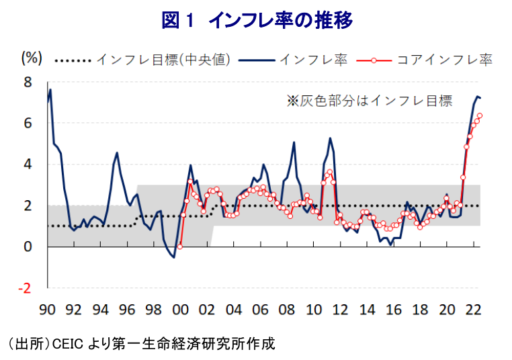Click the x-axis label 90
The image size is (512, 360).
point(47,310)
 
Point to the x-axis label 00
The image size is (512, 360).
point(180,310)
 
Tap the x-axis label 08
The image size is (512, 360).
point(287,310)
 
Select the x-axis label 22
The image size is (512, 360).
point(473,310)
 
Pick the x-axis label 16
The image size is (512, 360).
point(393,310)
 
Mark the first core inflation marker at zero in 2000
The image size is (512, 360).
point(179,246)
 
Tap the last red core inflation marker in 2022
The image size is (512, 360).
point(479,116)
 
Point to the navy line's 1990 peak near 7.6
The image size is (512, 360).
point(50,90)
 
